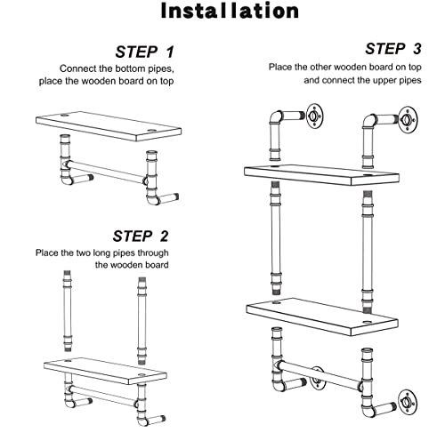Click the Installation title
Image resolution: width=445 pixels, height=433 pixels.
(230, 11)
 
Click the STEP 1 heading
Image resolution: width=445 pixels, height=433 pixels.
(144, 52)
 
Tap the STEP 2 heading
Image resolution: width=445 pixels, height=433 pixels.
(141, 237)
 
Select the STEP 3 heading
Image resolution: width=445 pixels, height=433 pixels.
(393, 49)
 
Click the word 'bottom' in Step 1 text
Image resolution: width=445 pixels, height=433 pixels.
(130, 68)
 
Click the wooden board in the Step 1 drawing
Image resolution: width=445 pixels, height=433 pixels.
(109, 126)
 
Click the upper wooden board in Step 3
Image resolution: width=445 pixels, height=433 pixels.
(321, 175)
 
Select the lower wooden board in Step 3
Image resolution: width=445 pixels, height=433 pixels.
(322, 317)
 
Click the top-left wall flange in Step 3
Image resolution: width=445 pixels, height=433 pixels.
(314, 116)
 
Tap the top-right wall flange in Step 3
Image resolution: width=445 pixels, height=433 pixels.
(408, 119)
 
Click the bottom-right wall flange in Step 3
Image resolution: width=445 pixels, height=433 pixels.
(407, 403)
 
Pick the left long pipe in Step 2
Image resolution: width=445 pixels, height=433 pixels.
(68, 310)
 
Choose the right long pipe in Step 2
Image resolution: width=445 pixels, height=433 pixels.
(142, 321)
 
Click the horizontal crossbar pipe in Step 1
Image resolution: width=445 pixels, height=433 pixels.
(106, 172)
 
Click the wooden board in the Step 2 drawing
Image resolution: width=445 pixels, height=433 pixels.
(105, 371)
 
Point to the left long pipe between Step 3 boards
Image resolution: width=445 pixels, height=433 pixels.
(276, 238)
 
